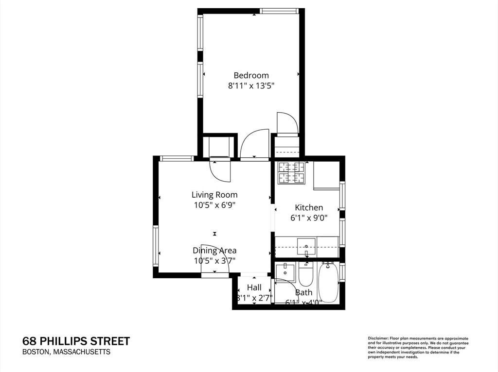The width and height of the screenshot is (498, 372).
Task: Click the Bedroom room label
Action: (x=251, y=75)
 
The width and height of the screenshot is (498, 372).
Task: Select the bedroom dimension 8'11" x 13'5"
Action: (x=251, y=86)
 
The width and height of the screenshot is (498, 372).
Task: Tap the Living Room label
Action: (x=214, y=195)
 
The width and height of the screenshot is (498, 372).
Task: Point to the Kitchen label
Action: (x=308, y=207)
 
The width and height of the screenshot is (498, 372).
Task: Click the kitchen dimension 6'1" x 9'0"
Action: (x=308, y=218)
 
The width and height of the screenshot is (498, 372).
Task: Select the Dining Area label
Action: (x=214, y=251)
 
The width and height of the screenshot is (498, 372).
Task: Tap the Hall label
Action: (x=254, y=287)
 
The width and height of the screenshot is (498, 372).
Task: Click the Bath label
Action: (x=304, y=292)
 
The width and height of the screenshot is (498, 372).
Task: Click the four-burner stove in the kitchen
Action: (x=291, y=173)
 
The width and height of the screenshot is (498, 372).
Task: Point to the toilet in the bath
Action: (x=306, y=275)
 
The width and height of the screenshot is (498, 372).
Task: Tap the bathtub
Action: (x=329, y=282)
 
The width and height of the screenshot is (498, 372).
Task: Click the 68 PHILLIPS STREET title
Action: (x=76, y=341)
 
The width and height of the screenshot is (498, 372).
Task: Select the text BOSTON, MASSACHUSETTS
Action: (x=67, y=352)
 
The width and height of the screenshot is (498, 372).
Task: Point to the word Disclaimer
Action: (x=377, y=338)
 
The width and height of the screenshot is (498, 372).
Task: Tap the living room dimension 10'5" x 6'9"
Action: (x=214, y=205)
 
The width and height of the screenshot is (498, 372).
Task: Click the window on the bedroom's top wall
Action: (x=279, y=11)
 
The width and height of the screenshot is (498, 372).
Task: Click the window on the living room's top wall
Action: (x=177, y=158)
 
